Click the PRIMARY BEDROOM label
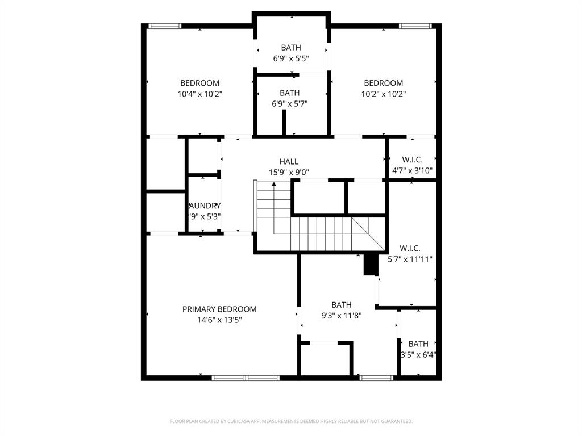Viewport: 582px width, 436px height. coord(219,309)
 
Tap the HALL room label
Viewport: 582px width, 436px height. coord(289,162)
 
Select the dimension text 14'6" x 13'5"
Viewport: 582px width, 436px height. coord(219,320)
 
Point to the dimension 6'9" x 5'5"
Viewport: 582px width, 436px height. coord(291,58)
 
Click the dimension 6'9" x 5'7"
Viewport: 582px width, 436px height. coord(290,104)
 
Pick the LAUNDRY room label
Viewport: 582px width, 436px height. coord(205,206)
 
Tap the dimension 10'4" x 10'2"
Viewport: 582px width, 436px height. coord(199,94)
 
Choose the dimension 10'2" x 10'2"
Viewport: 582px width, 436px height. coord(384,94)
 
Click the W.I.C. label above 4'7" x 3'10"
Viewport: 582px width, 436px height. coord(411,159)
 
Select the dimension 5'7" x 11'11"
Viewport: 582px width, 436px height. coord(410,259)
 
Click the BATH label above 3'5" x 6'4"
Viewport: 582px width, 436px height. coord(418,344)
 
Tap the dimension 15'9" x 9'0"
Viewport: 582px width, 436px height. coord(289,173)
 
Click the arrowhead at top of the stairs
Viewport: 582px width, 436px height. coord(274,184)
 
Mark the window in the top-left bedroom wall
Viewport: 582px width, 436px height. coord(165,26)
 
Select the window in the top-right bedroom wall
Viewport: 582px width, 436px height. coord(415,26)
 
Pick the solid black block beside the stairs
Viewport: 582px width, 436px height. coord(371,265)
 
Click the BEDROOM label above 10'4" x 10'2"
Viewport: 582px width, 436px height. coord(199,83)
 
